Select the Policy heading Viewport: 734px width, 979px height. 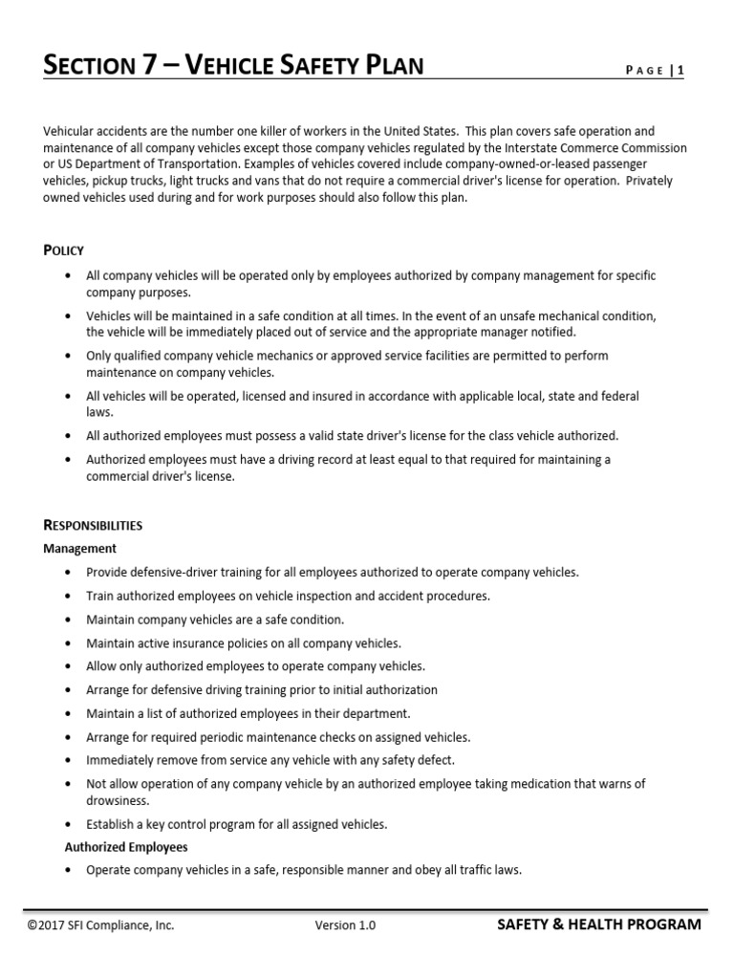point(64,250)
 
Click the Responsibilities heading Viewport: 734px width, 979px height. point(94,525)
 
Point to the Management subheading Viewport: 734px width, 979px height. point(80,549)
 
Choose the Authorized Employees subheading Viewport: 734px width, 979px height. point(126,847)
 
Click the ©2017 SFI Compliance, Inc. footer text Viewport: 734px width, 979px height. point(101,925)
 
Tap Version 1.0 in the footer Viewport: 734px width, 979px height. point(345,925)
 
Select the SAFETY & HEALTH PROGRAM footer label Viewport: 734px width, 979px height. point(599,925)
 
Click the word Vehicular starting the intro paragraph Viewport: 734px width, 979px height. point(69,131)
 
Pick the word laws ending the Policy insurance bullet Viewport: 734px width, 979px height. point(99,412)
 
